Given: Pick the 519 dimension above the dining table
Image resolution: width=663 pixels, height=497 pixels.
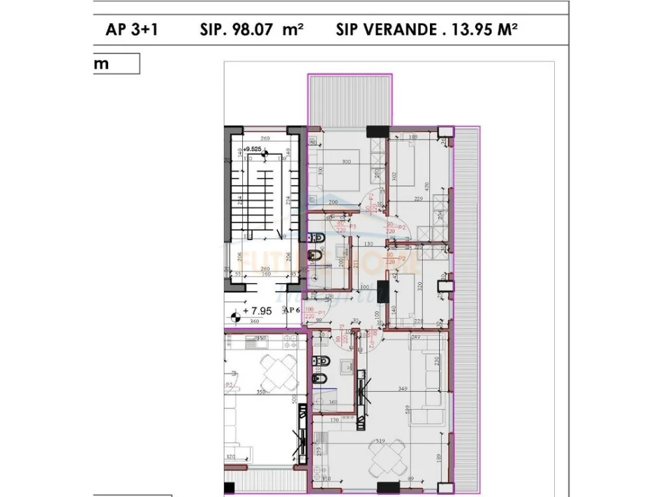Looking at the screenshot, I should point(380,442).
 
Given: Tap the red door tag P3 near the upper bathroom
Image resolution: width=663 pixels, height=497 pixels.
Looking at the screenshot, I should point(352,226).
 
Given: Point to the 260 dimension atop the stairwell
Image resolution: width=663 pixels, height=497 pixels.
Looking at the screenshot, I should point(266,139).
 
